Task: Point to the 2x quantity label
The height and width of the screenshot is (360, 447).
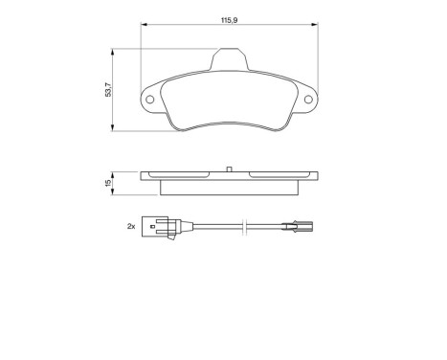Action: pyautogui.click(x=130, y=227)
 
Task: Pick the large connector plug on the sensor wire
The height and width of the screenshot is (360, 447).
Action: pyautogui.click(x=158, y=227)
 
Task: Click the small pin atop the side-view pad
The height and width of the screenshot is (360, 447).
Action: pyautogui.click(x=230, y=169)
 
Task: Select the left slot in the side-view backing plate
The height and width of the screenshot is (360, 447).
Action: pyautogui.click(x=182, y=175)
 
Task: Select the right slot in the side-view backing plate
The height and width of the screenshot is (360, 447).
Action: pyautogui.click(x=277, y=175)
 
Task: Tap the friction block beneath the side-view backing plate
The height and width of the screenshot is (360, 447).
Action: pyautogui.click(x=230, y=185)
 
